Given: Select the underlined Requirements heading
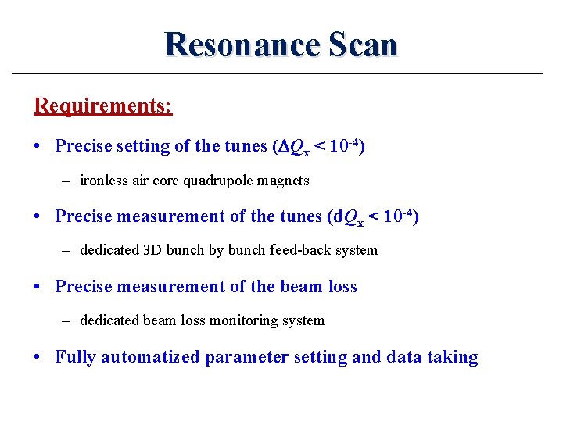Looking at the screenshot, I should point(102,105).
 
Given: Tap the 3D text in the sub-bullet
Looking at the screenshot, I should point(152,250).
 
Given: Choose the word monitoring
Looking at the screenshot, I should point(249,320).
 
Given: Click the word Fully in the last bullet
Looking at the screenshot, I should point(75,357).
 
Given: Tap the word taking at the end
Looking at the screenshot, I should point(452,357).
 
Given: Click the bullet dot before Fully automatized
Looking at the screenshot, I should point(38,357).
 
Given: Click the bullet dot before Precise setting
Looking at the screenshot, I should point(38,146).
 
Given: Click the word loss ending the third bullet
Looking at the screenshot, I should point(342,287).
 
